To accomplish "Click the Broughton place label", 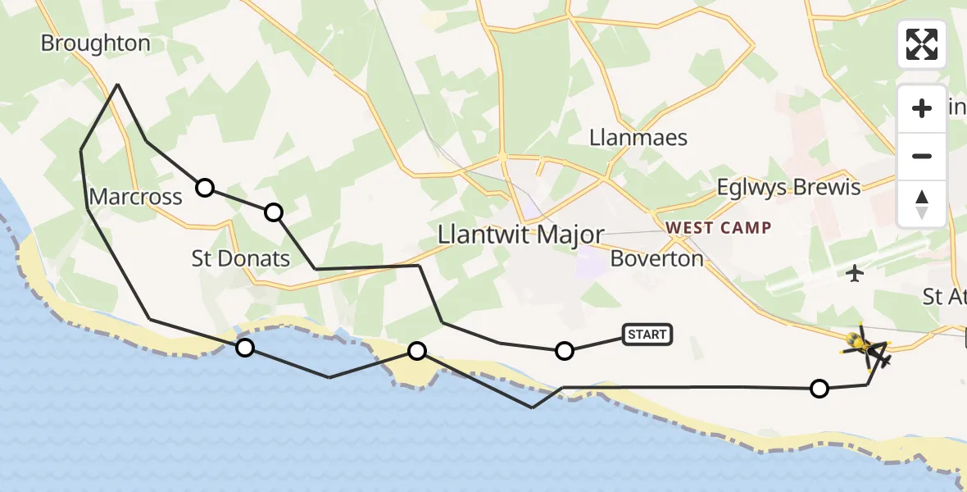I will pos(96,43).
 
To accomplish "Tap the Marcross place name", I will pos(135,197).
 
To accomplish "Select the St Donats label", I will pos(241,259).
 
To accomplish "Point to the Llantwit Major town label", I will pos(520,235).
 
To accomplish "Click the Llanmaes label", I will pos(638,137).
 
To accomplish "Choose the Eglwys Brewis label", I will pos(788,188).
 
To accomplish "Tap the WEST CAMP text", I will pos(718,227).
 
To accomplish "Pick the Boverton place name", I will pos(657,259).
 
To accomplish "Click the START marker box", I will pos(647,334).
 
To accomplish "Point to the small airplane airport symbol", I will pos(855,273).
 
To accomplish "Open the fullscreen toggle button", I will pos(922,44).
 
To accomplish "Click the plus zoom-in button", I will pos(922,108).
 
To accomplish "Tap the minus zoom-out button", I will pos(922,156).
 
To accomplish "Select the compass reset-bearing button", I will pos(922,203).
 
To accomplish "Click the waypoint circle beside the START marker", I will pos(564,351).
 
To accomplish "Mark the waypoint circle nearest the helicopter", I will pos(819,389).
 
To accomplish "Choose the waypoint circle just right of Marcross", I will pos(205,188).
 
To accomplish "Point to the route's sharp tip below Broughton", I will pos(118,84).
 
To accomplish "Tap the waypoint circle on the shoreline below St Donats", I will pos(244,348).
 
